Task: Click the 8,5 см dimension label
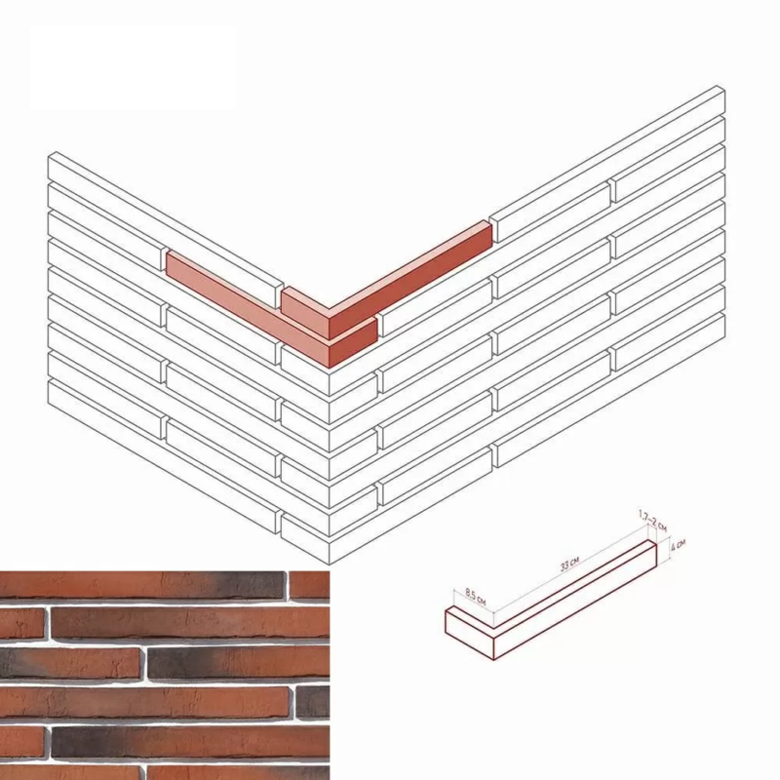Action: [475, 597]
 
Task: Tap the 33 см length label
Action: [569, 565]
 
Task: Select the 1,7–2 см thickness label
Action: [652, 521]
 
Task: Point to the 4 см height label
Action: [678, 545]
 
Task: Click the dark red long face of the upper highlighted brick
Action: [410, 281]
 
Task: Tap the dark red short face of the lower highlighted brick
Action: [353, 343]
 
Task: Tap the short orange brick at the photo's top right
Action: [309, 585]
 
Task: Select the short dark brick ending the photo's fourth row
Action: [313, 701]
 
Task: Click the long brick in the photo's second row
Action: [190, 623]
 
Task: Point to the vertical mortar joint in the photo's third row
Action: [144, 662]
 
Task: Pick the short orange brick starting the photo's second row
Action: [21, 623]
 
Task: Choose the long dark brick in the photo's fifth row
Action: [190, 742]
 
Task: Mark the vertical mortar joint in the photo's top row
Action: [287, 585]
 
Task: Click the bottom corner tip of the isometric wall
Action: [330, 565]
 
